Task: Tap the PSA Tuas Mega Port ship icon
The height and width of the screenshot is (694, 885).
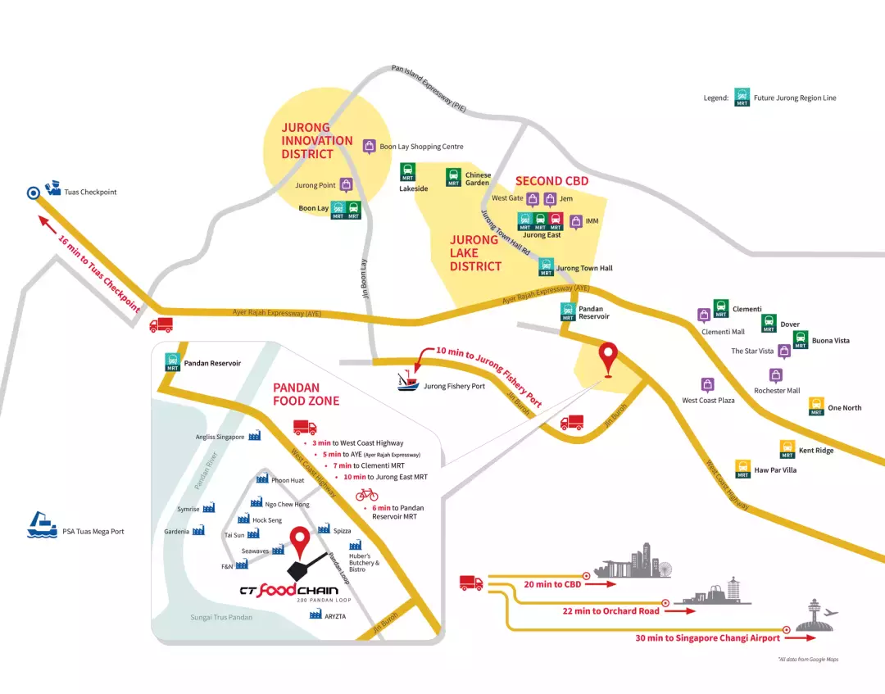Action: (x=41, y=526)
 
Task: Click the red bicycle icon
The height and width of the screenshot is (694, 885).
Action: (x=366, y=494)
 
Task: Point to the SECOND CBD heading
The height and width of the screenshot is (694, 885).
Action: (x=551, y=181)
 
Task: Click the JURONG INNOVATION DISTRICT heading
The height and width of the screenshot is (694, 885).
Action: (x=317, y=141)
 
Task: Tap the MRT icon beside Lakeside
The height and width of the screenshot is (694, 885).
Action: (x=407, y=172)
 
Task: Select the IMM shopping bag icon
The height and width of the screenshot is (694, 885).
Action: (x=575, y=222)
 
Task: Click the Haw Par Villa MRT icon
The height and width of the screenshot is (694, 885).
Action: (x=742, y=469)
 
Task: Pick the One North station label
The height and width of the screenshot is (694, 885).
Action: (x=844, y=408)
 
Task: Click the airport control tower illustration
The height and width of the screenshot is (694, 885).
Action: (x=811, y=615)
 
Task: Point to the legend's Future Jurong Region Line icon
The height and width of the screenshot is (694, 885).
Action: (x=742, y=97)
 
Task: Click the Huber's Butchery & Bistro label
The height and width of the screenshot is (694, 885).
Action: (x=365, y=563)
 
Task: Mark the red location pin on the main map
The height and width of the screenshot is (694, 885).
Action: (x=607, y=359)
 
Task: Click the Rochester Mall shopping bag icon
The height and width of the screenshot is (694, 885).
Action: (x=776, y=375)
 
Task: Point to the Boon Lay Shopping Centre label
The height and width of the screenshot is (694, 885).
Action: (x=421, y=147)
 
